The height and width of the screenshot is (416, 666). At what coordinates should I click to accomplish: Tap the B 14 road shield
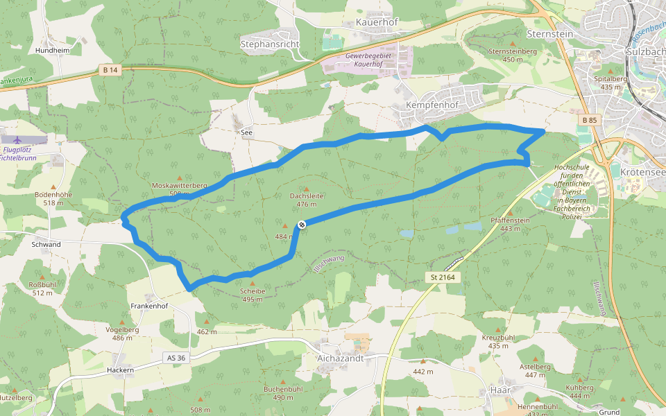tap(110, 70)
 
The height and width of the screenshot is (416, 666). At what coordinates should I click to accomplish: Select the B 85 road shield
tap(590, 121)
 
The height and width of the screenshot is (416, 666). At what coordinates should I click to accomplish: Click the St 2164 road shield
tap(442, 277)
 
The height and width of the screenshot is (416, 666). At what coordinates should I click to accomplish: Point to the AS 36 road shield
tap(177, 358)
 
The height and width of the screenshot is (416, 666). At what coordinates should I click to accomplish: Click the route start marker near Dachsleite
tap(302, 224)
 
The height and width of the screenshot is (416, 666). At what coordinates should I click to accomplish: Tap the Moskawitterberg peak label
tap(179, 186)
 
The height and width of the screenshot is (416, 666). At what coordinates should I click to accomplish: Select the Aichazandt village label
tap(340, 358)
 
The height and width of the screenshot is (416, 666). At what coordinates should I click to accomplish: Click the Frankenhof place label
tap(149, 306)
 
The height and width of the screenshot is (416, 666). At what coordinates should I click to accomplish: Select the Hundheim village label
tap(51, 51)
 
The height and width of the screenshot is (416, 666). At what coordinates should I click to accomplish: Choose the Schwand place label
tap(46, 245)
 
